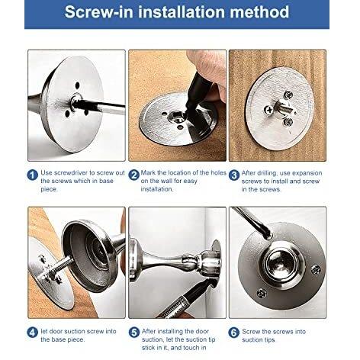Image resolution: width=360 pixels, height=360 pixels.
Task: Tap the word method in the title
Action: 259,12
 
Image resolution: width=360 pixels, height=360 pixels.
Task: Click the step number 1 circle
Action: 33,175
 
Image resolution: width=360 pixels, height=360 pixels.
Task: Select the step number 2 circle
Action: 133,175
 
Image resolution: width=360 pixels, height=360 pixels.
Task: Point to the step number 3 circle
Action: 234,175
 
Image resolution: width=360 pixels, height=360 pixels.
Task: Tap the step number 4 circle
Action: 33,333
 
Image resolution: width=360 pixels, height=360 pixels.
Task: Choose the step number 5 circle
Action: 133,333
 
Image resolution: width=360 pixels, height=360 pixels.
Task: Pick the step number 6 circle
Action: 234,333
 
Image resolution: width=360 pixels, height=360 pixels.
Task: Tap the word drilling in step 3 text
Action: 266,173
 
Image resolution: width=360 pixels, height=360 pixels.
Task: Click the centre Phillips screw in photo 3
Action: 268,110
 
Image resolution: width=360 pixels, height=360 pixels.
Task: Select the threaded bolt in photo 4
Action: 61,265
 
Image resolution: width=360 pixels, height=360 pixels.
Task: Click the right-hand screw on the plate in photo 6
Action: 316,270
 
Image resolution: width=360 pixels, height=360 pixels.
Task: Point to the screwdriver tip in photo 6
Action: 268,237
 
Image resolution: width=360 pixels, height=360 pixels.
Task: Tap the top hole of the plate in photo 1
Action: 77,85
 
